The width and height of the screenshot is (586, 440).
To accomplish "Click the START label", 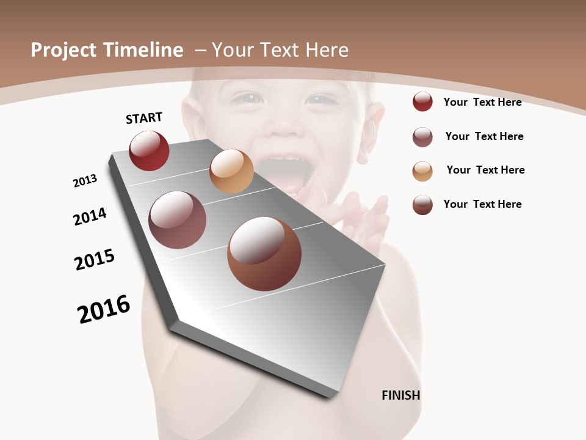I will [x=144, y=118].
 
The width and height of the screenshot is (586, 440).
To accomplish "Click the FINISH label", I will [x=400, y=395].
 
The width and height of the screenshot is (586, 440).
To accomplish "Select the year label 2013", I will [x=85, y=181].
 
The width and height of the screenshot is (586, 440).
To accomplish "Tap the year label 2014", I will [x=90, y=216].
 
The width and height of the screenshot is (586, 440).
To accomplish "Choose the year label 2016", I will [x=104, y=309].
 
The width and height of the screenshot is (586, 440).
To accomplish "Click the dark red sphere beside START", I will [x=149, y=150].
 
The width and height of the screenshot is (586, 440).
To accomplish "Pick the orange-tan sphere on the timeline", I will [x=231, y=171].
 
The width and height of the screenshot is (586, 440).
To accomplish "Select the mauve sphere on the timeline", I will [x=177, y=220].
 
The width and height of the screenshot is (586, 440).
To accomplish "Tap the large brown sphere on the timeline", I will [x=264, y=254].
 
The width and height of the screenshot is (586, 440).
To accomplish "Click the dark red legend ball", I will [x=422, y=102].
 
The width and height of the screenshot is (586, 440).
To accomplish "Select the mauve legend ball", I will [x=422, y=137].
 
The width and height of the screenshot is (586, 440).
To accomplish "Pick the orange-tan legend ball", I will [x=422, y=171].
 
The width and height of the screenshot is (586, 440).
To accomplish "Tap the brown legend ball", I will [x=422, y=205].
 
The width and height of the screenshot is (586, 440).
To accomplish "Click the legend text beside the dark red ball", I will [x=482, y=102].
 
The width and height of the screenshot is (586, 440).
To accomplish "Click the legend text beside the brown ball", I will [x=482, y=204].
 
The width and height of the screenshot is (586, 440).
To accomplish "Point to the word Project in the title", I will [x=64, y=50].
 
